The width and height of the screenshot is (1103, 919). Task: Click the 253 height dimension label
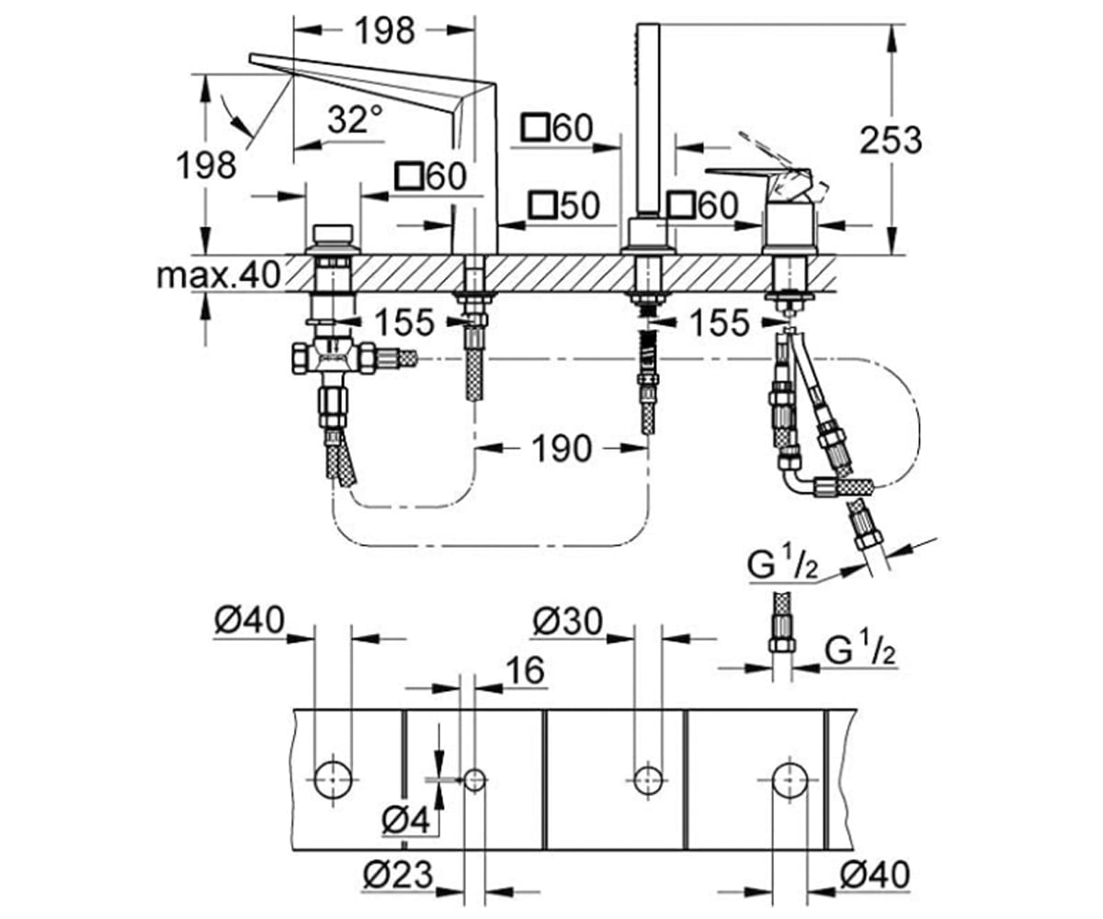(891, 141)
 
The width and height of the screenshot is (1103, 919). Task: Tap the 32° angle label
(355, 119)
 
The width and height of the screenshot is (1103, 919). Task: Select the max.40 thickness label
(219, 275)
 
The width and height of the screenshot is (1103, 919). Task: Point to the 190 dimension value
(561, 449)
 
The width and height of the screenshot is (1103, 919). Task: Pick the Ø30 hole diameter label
(567, 621)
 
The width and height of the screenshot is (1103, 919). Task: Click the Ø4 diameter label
(405, 822)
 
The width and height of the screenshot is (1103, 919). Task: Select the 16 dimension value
(525, 670)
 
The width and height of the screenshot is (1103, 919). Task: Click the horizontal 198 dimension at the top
(384, 30)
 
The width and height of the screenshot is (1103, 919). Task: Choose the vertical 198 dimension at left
(206, 165)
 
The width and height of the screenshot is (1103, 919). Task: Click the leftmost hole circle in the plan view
(333, 779)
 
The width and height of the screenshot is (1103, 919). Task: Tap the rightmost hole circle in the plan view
(790, 779)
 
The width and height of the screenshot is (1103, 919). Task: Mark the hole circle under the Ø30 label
(648, 779)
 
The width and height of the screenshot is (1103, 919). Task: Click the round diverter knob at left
(333, 233)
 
